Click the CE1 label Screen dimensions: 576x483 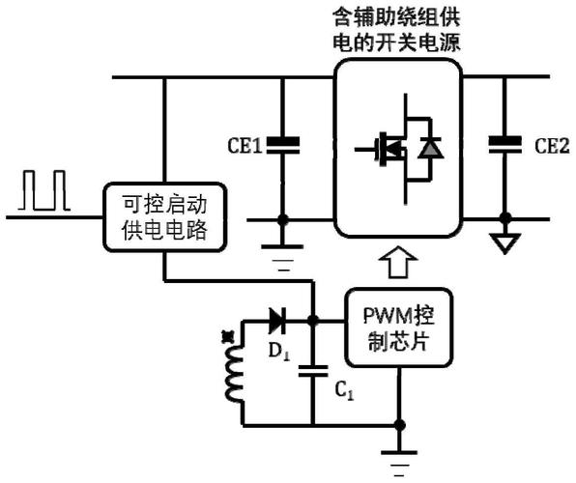[245, 146]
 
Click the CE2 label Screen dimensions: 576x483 [552, 146]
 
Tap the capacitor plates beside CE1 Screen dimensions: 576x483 [283, 145]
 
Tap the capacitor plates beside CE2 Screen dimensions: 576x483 [505, 144]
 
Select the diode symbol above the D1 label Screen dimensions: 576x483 [277, 321]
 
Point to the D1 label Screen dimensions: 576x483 [279, 352]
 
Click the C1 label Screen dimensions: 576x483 [344, 390]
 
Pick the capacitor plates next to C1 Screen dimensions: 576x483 [313, 371]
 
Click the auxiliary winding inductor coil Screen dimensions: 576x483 [235, 374]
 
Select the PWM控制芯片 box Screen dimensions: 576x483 [399, 327]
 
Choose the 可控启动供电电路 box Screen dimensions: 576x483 [164, 217]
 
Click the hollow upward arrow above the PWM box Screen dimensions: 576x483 [398, 262]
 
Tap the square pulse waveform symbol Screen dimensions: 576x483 [44, 190]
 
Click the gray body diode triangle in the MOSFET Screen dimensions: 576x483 [430, 149]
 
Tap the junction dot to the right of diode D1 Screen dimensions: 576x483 [313, 321]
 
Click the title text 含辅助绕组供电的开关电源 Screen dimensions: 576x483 [397, 31]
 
